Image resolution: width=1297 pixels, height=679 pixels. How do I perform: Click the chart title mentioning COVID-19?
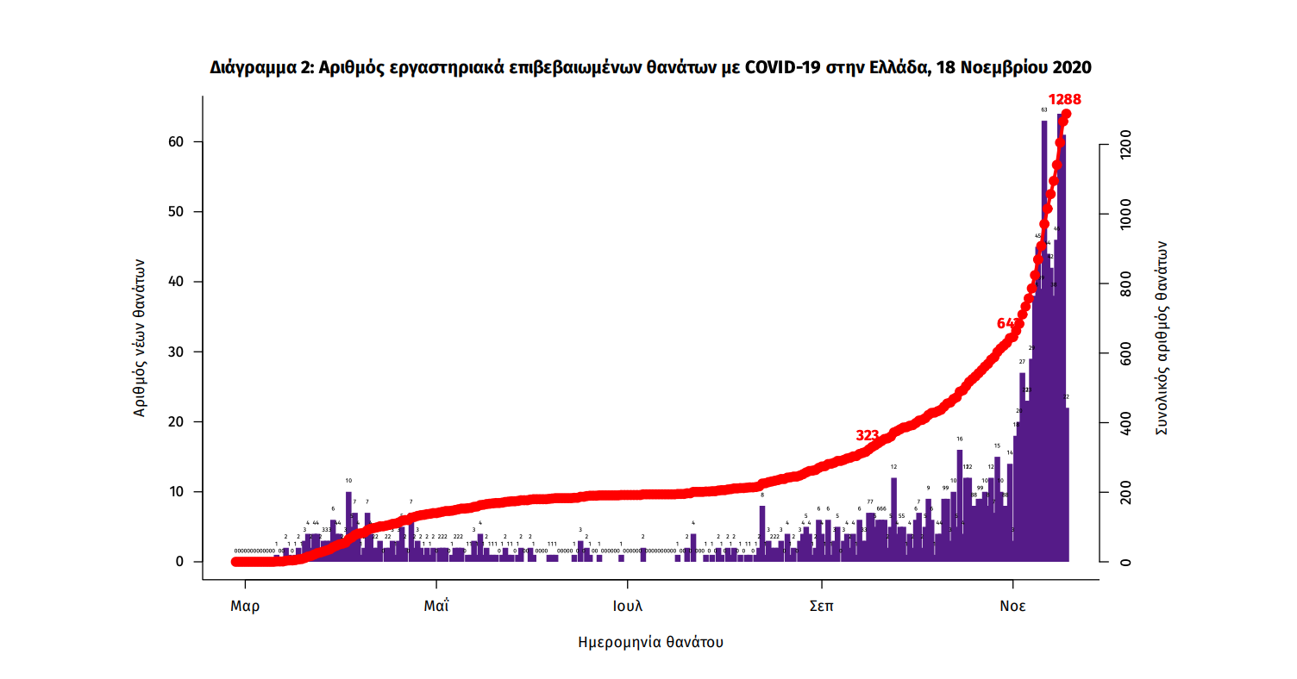tap(651, 67)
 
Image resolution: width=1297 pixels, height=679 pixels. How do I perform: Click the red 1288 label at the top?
tap(1064, 100)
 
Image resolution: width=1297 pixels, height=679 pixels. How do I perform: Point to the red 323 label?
tap(867, 436)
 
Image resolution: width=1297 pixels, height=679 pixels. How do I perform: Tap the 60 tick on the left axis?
tap(179, 141)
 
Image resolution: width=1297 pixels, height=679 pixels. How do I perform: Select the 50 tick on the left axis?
tap(179, 212)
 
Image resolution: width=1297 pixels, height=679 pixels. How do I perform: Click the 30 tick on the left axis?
tap(179, 352)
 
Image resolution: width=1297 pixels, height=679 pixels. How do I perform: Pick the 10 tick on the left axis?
tap(179, 492)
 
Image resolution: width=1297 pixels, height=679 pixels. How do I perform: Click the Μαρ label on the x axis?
tap(245, 606)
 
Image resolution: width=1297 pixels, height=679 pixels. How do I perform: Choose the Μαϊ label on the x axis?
tap(436, 606)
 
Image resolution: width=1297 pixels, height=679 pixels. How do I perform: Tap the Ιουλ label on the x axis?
tap(628, 606)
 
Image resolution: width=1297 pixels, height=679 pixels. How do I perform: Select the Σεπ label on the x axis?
tap(821, 606)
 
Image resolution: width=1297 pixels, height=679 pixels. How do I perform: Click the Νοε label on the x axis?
tap(1012, 606)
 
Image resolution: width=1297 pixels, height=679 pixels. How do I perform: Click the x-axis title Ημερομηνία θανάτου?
tap(650, 642)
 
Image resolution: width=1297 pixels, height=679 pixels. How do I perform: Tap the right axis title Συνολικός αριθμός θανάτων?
tap(1161, 339)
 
